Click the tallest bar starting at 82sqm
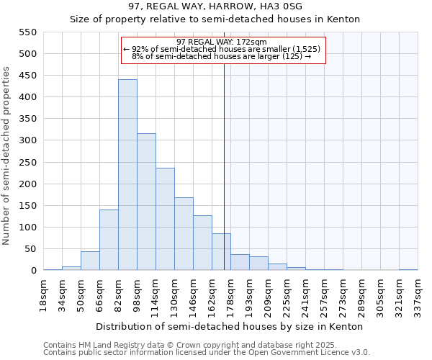[127, 175]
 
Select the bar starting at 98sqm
[146, 202]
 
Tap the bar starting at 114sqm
[165, 219]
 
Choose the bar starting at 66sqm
[109, 240]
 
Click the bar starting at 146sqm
[202, 243]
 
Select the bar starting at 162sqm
[221, 252]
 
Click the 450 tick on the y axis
[28, 76]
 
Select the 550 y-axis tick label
[28, 32]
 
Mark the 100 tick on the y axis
[28, 228]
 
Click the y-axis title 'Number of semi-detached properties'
[7, 156]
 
